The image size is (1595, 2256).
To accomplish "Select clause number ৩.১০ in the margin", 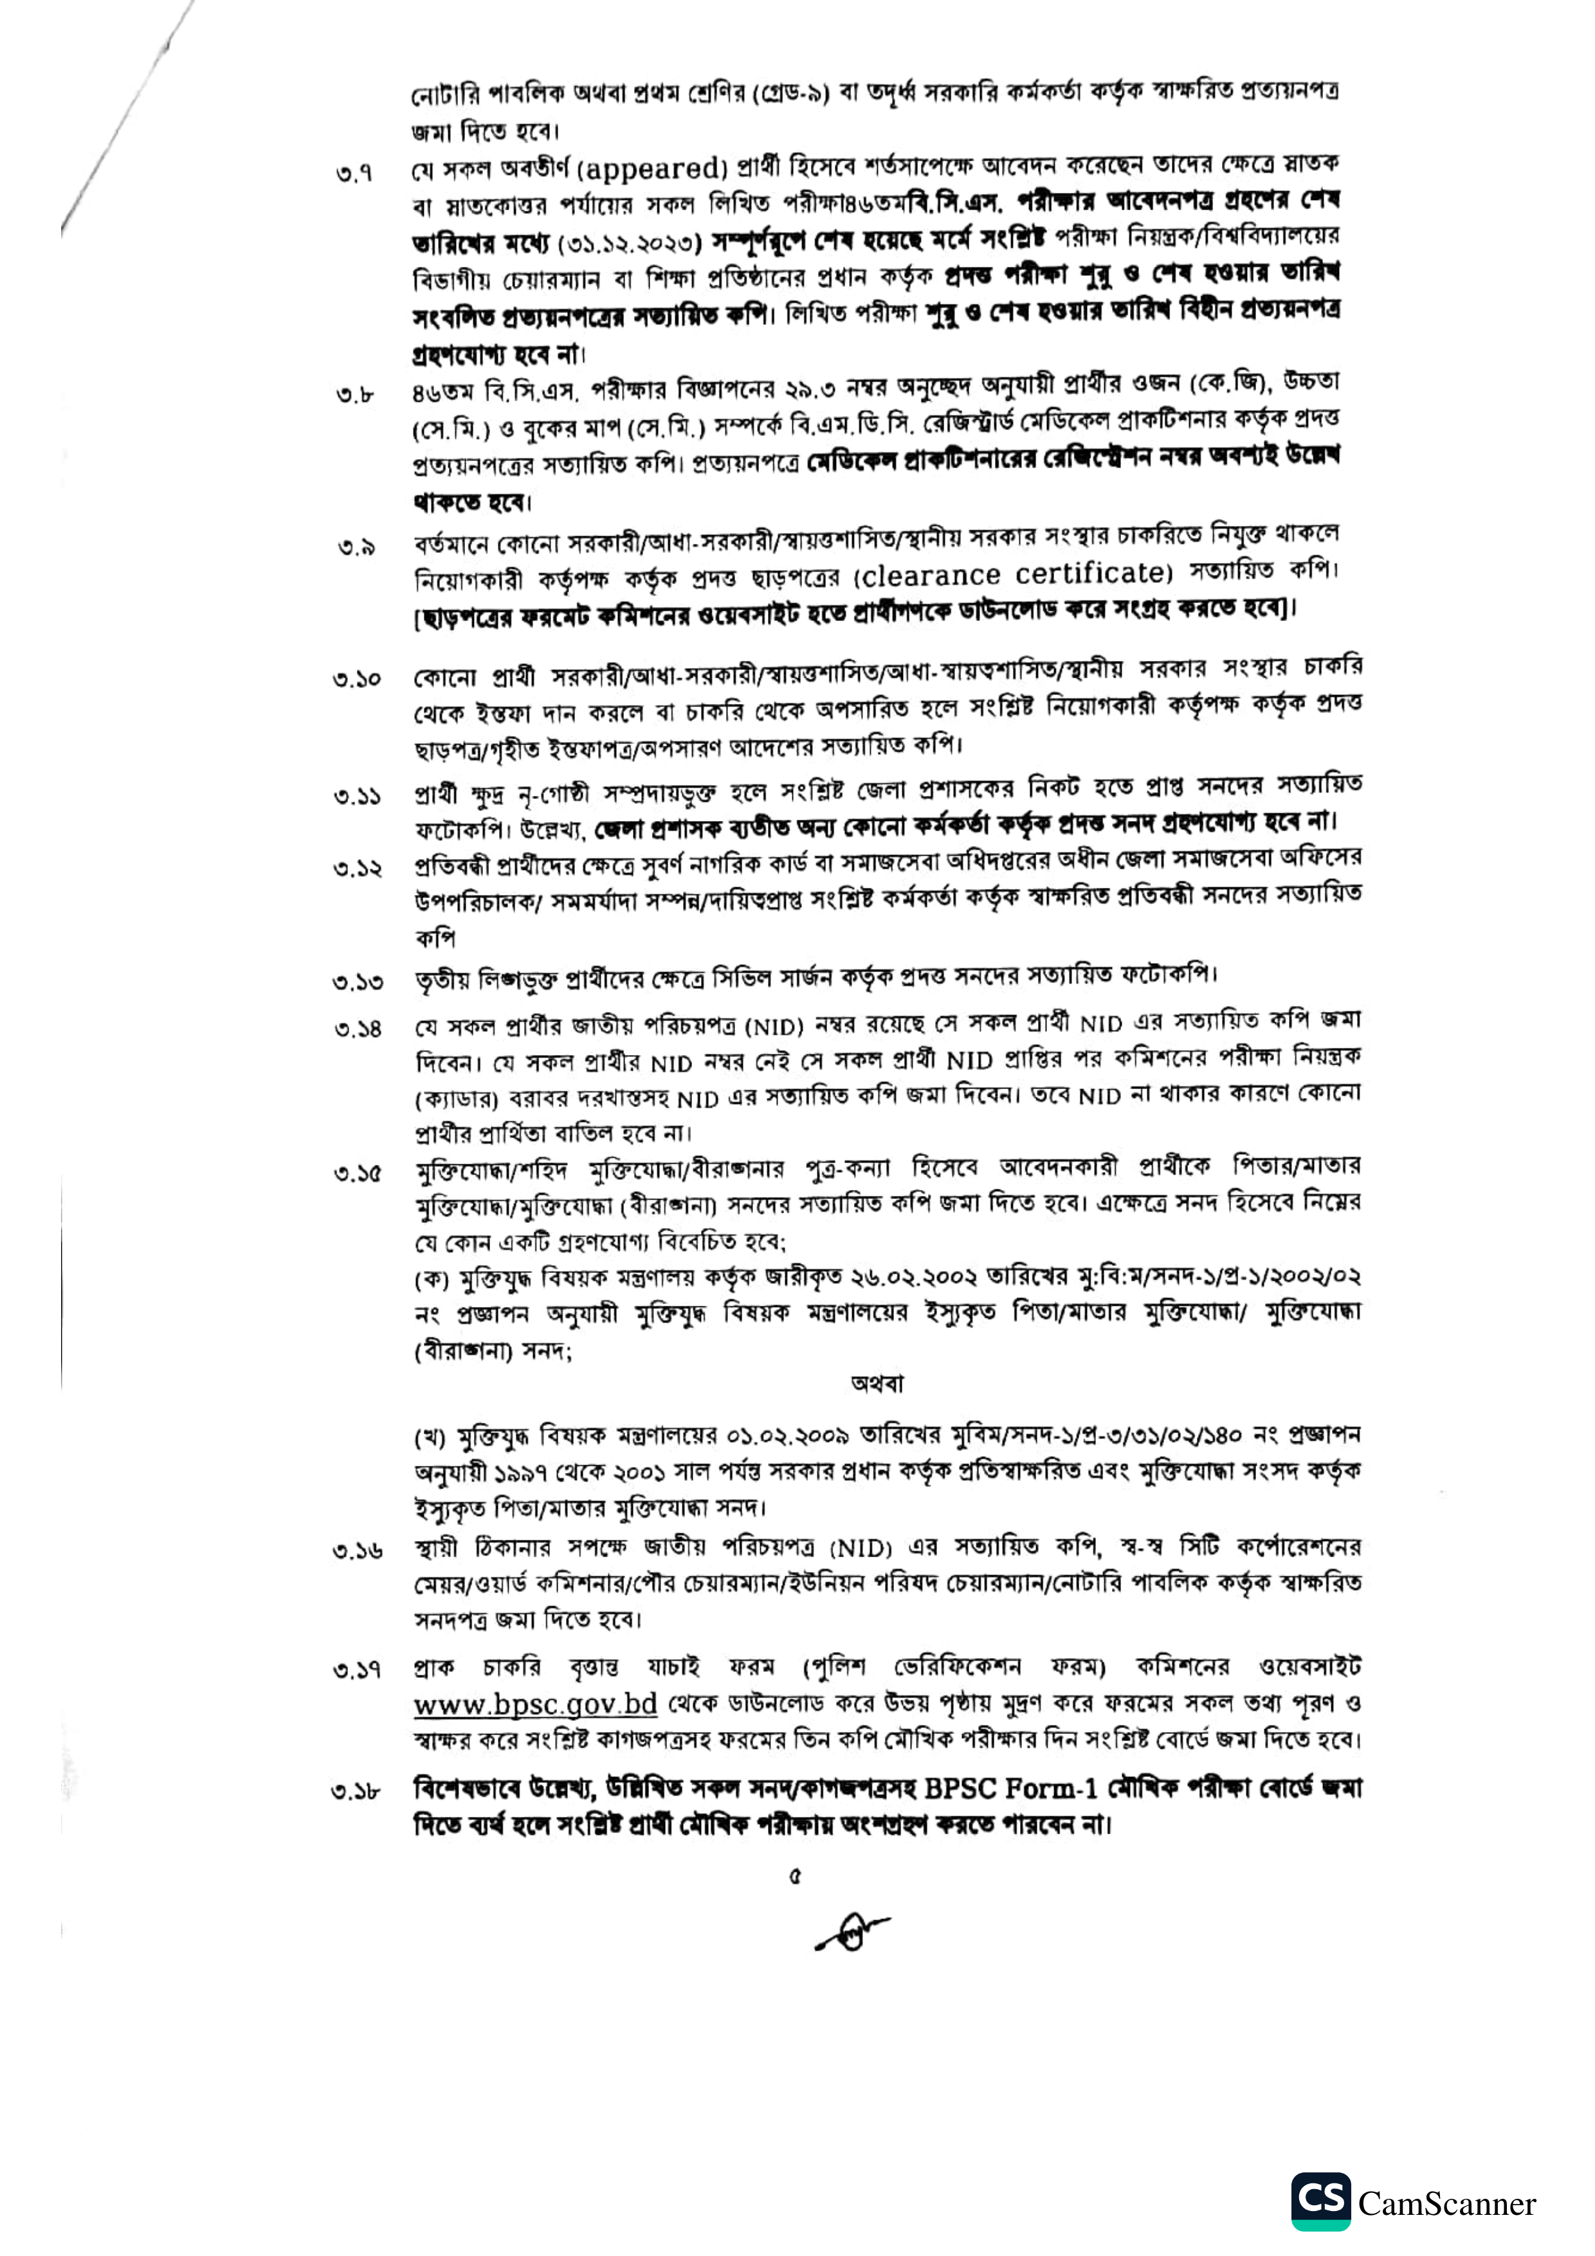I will coord(357,679).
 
